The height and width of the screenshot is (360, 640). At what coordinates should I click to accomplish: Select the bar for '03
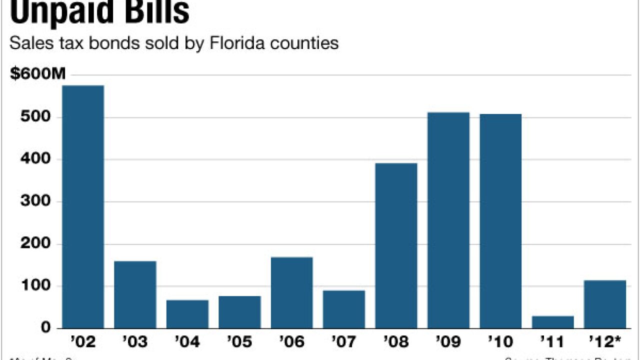pos(135,294)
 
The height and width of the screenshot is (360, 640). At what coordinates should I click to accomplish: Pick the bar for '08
pos(396,245)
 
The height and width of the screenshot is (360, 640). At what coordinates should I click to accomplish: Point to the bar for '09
pos(448,220)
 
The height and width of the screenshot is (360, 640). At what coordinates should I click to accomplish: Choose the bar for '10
pos(500,221)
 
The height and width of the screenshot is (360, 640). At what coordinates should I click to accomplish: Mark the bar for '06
pos(292,292)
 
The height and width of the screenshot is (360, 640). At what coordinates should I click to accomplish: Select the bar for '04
pos(187,314)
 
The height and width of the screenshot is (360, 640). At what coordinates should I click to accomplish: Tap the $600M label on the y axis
pos(38,74)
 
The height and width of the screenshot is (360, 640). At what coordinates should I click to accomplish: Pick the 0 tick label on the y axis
pos(46,328)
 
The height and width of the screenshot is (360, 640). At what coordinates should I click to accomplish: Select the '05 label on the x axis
pos(239,342)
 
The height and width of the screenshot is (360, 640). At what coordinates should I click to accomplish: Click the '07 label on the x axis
pos(344,342)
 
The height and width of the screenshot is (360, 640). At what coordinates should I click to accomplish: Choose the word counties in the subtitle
pos(304,43)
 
